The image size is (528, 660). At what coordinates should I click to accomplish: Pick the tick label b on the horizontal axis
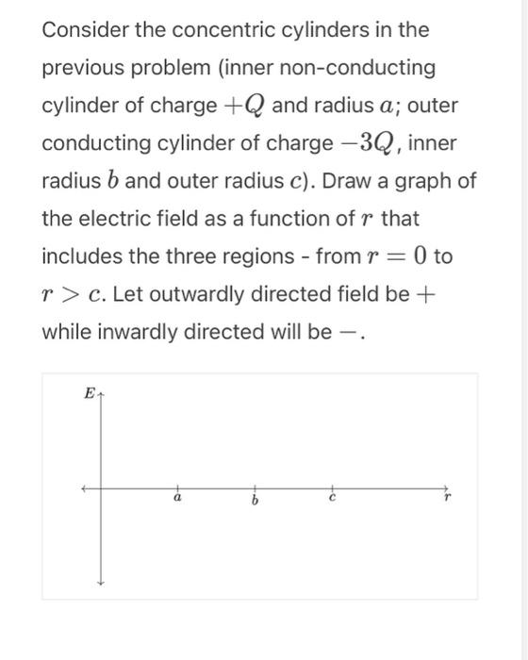click(255, 500)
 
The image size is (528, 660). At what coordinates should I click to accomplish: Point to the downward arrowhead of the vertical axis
click(99, 582)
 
